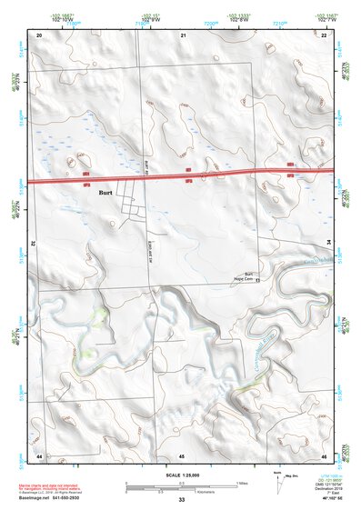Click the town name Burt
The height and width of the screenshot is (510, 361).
(106, 193)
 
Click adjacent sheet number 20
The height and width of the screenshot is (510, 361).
(39, 34)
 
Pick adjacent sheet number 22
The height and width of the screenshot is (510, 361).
(324, 34)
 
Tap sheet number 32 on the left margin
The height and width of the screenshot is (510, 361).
(33, 244)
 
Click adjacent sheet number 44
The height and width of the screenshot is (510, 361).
(39, 455)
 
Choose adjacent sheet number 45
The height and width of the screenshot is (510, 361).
(182, 455)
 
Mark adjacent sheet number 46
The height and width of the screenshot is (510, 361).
(324, 455)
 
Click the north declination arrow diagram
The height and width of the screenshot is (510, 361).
(279, 484)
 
